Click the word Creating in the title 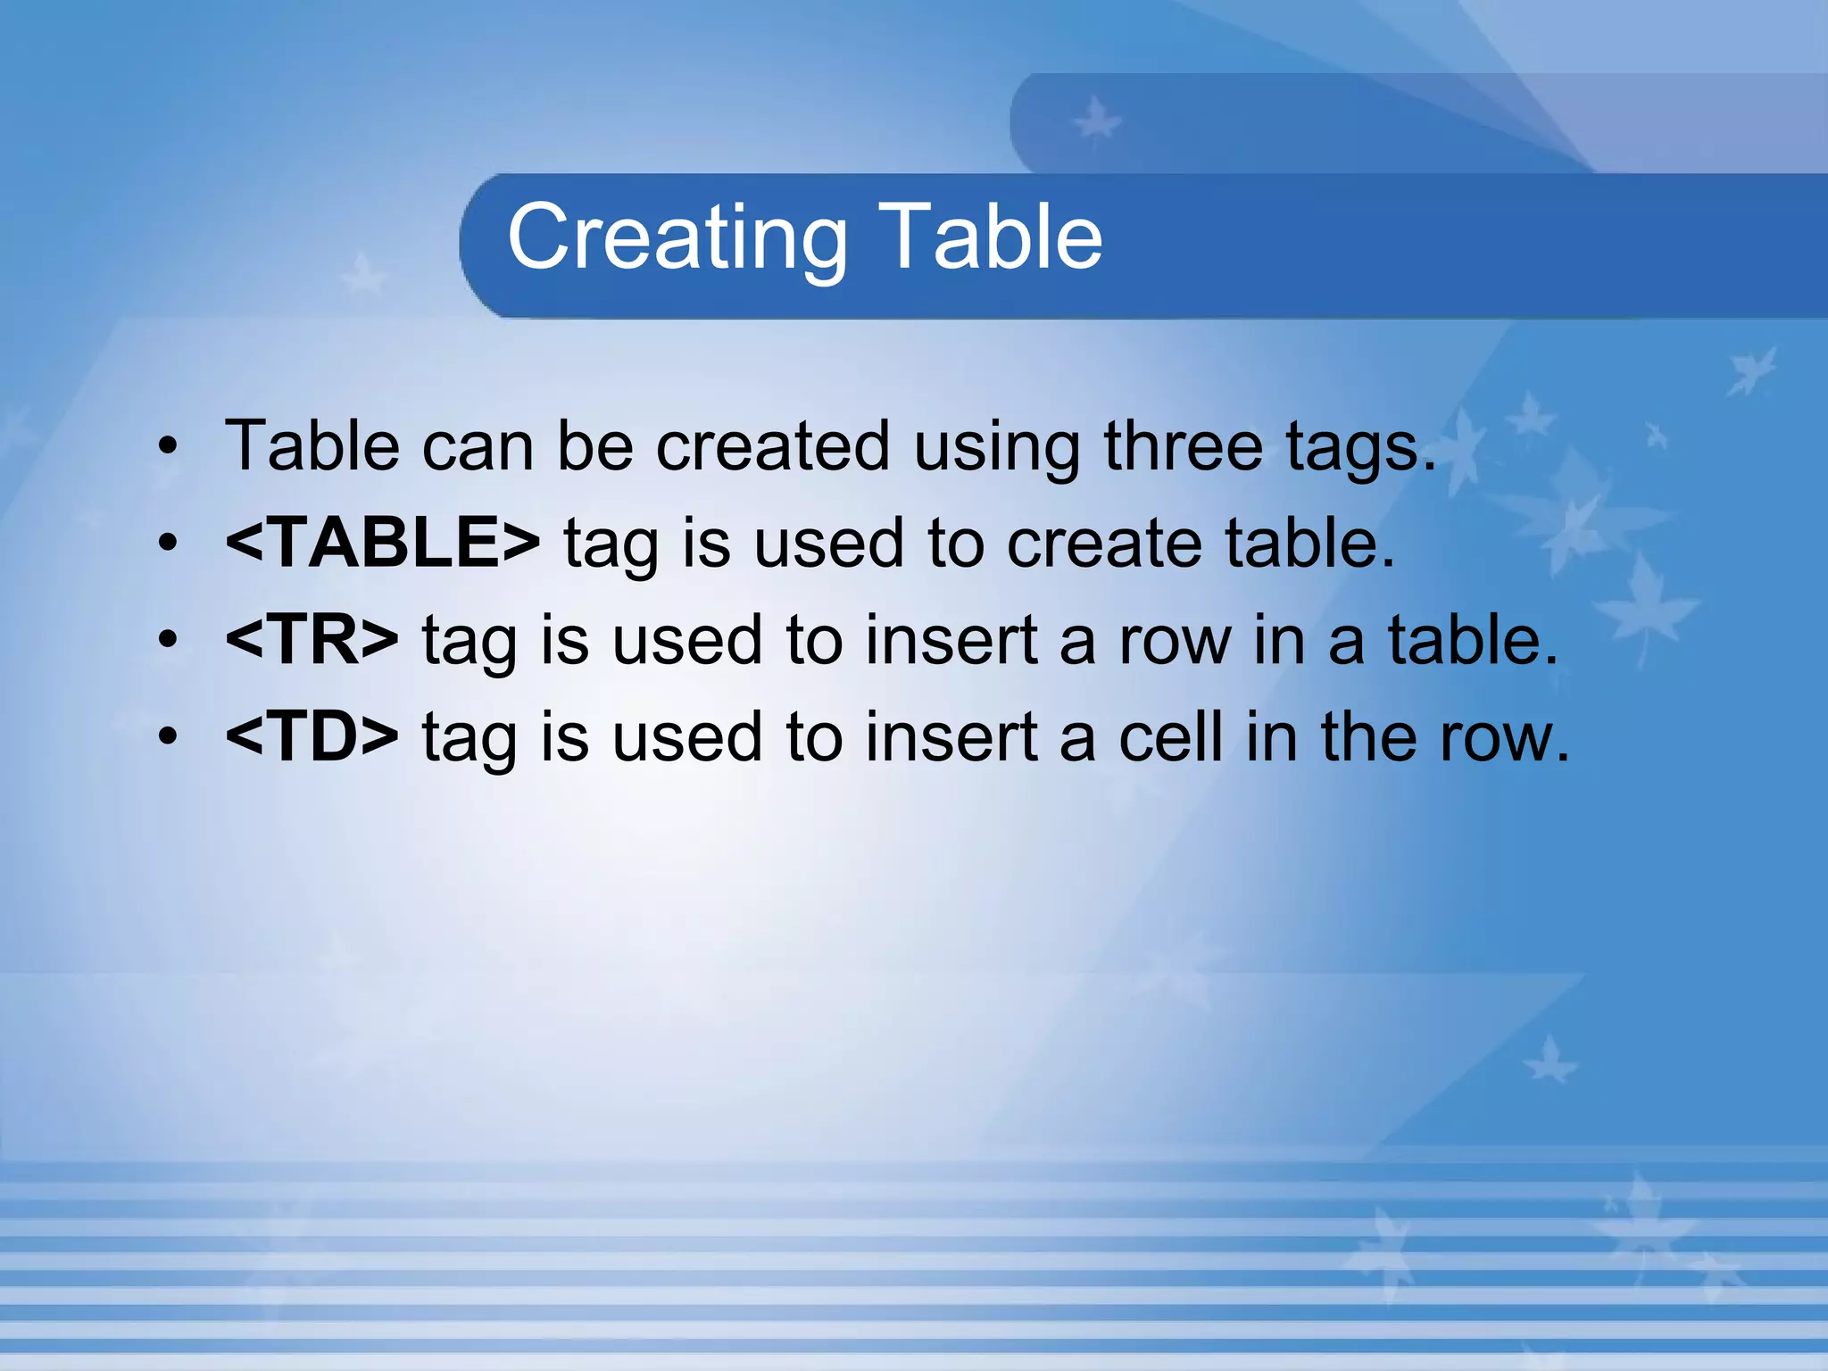677,237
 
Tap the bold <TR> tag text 312,639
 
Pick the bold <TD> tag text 312,736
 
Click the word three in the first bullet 1183,445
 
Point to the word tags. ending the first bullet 1360,447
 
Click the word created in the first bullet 773,445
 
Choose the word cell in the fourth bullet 1170,736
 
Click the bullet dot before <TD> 168,736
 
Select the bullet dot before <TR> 168,639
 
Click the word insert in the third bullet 952,641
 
